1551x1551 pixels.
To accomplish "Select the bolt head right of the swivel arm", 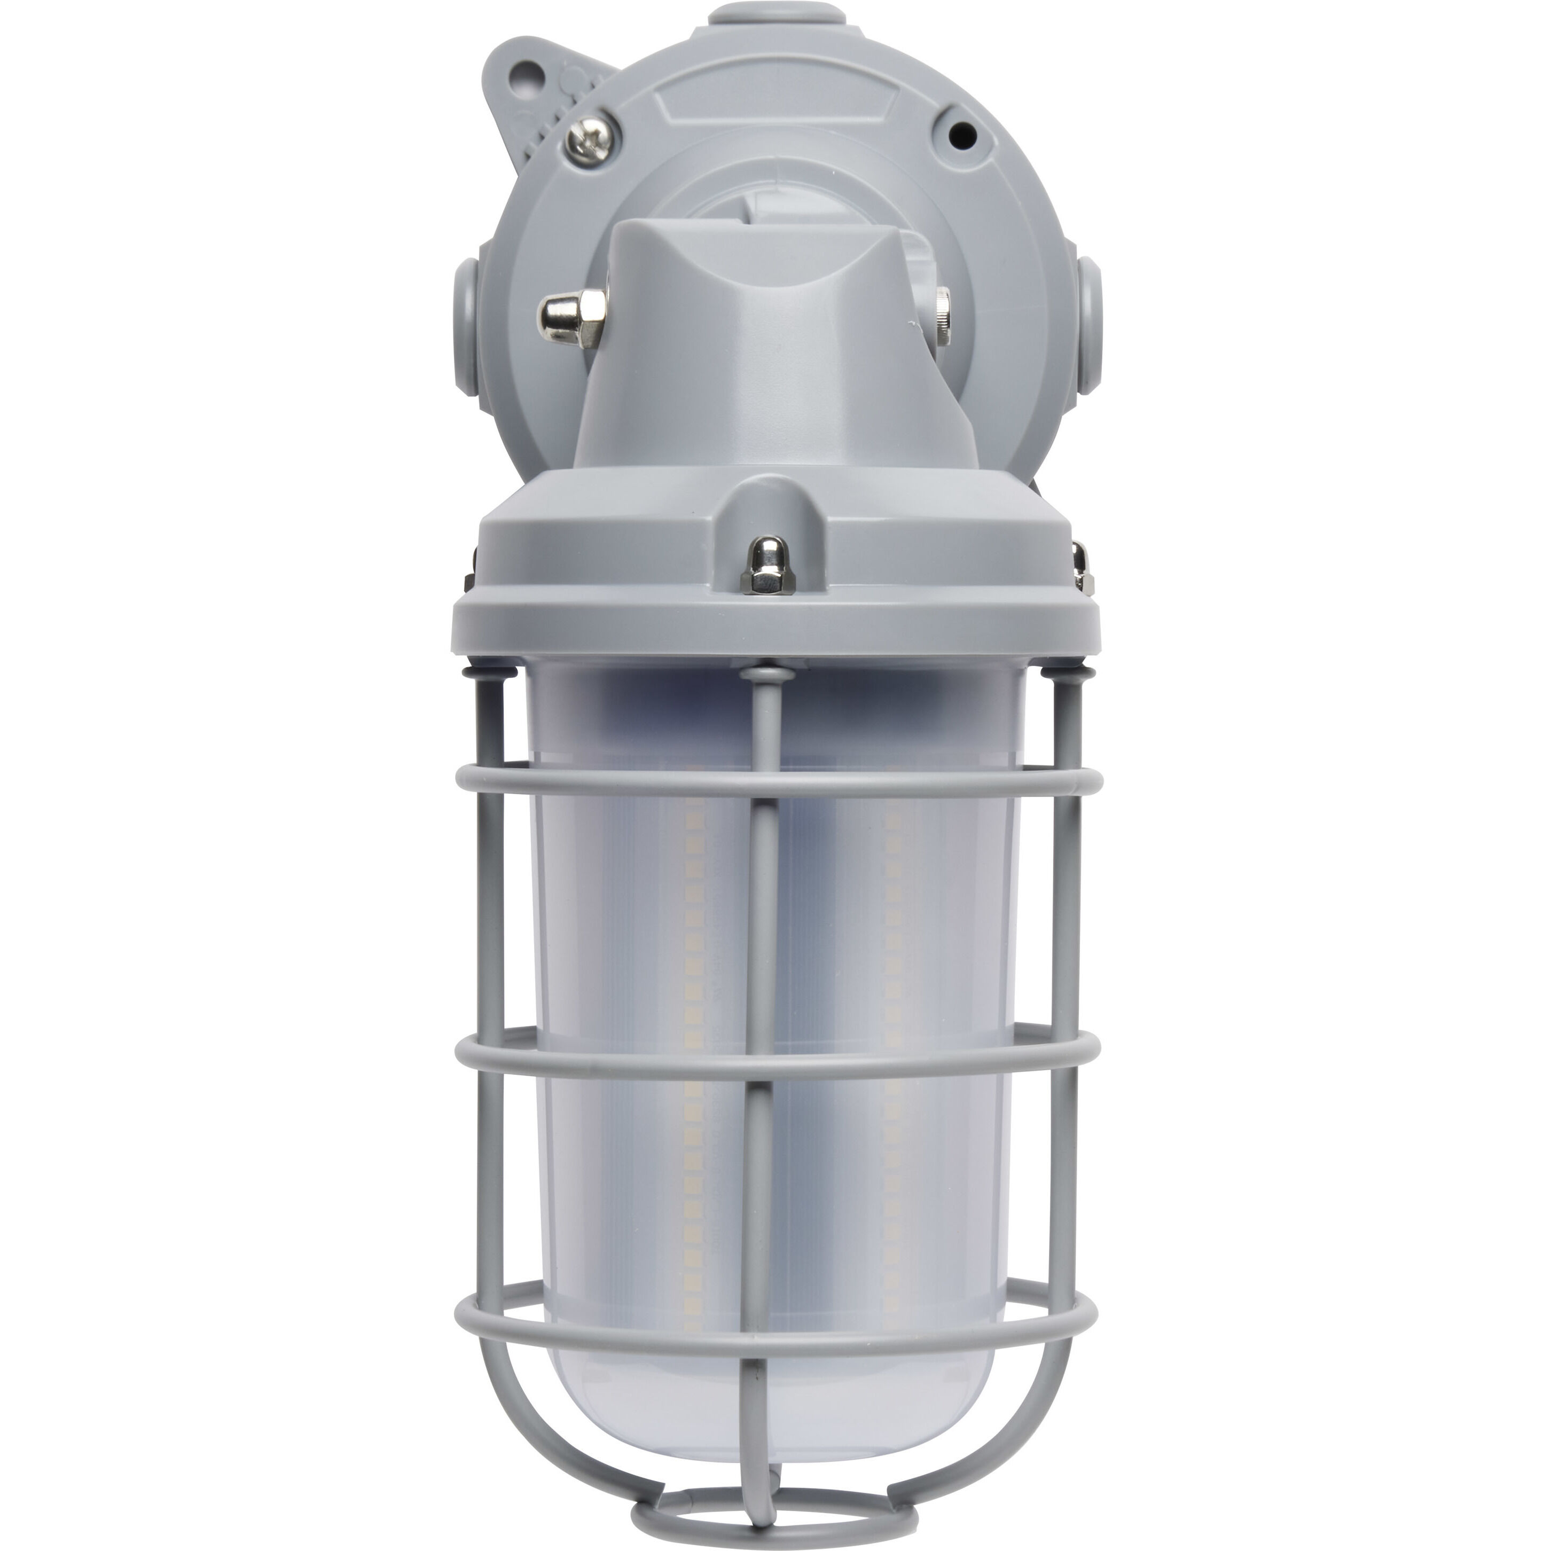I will pyautogui.click(x=940, y=309).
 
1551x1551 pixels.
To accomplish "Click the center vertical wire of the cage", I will pyautogui.click(x=764, y=923).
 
